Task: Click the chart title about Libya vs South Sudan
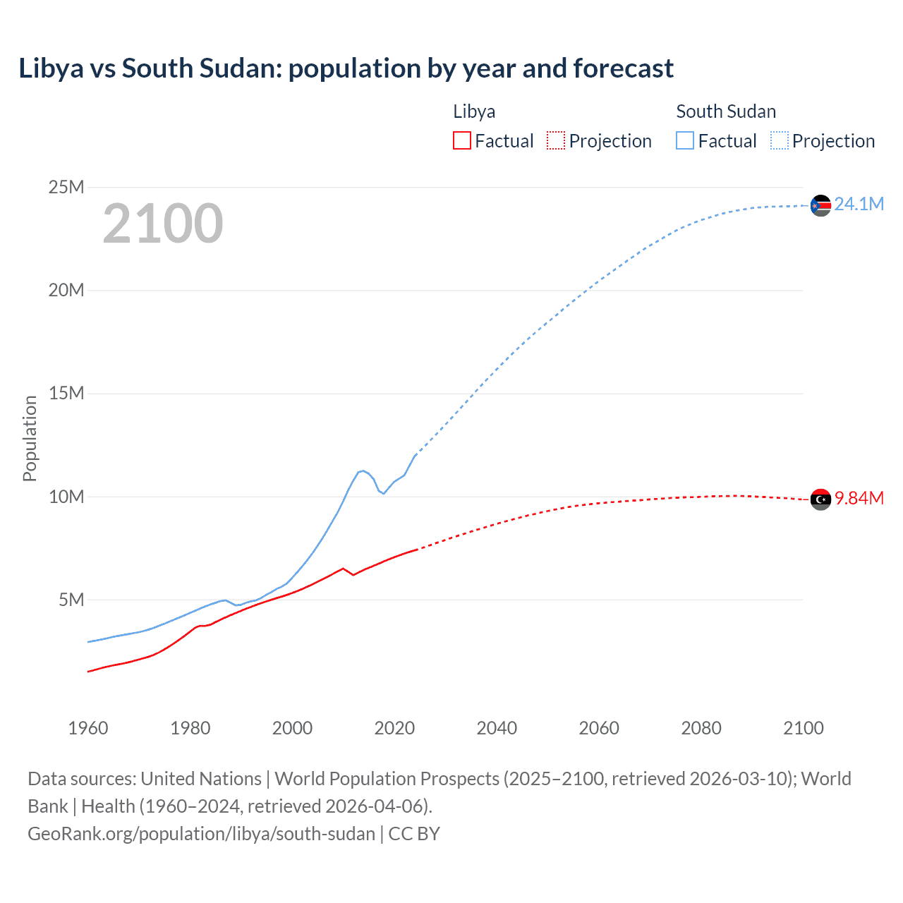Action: click(x=346, y=68)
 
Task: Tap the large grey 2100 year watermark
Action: click(x=163, y=224)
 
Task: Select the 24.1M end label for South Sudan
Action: click(x=859, y=204)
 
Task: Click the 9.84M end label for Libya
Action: click(x=859, y=498)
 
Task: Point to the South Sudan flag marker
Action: click(x=820, y=205)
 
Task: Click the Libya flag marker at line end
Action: click(x=820, y=499)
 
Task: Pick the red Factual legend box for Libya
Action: click(x=461, y=141)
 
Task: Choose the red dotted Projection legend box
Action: click(x=556, y=141)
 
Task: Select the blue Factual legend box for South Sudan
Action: click(x=685, y=141)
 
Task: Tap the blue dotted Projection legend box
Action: click(x=779, y=141)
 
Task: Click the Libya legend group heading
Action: click(x=474, y=111)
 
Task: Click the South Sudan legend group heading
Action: click(x=726, y=111)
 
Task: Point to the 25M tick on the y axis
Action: click(x=66, y=187)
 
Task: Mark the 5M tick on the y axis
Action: click(x=71, y=600)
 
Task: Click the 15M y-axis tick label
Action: click(x=66, y=393)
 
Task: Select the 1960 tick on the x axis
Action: click(x=88, y=728)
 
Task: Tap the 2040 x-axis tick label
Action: click(x=497, y=728)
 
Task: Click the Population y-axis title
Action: click(x=30, y=438)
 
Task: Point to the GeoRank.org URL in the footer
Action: click(x=201, y=834)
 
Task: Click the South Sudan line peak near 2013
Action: click(x=363, y=471)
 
